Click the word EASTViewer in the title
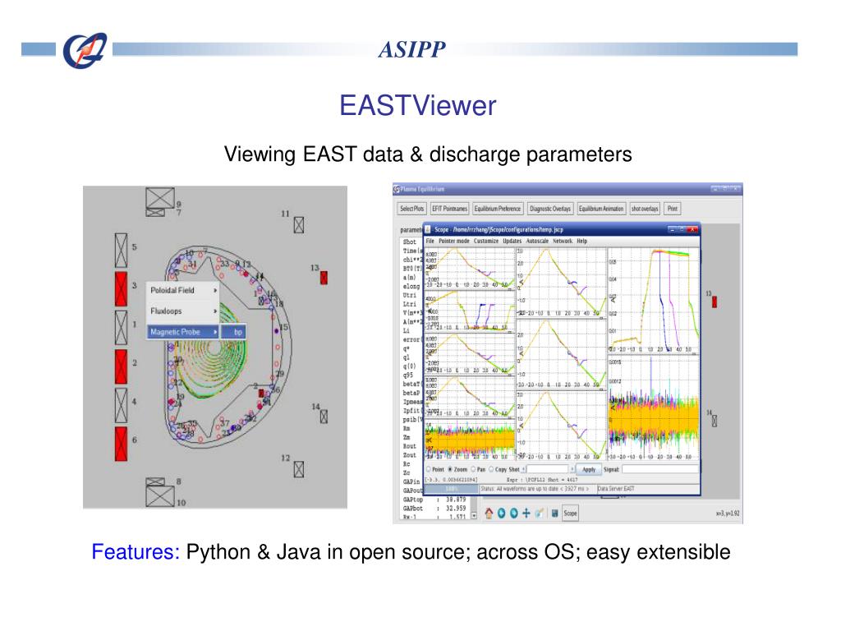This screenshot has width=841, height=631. coord(418,106)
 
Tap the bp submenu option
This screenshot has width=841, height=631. coord(237,332)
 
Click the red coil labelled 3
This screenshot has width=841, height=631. coord(122,289)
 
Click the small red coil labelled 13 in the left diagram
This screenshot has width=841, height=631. coord(324,278)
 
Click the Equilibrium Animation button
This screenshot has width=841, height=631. coord(601,209)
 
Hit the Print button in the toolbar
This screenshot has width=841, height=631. coord(673,209)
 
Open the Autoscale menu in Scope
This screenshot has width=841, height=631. coord(538,242)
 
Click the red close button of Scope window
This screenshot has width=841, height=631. coord(692,229)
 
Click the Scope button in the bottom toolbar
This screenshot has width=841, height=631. coord(570,514)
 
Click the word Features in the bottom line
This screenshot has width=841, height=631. coord(136,552)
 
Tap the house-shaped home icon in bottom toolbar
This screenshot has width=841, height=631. coord(489,514)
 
